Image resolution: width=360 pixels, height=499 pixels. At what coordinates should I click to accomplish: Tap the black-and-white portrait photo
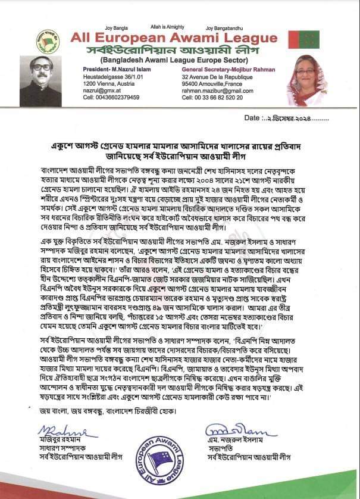(41, 82)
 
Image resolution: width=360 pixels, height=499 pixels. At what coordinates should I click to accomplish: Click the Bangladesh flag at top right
(309, 40)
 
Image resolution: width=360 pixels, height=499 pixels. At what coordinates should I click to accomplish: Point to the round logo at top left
(48, 41)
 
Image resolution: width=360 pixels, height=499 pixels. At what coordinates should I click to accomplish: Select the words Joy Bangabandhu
(225, 28)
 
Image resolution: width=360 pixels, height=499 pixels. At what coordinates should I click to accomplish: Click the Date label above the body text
(255, 118)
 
